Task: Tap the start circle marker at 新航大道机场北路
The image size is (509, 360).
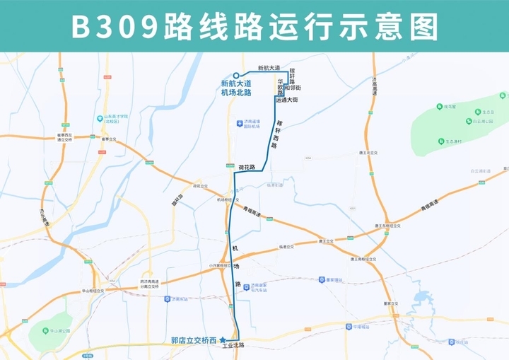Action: pos(236,76)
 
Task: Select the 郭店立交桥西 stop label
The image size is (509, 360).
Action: pos(194,340)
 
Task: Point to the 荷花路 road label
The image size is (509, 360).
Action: pos(246,167)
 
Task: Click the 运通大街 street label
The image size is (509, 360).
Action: pos(287,100)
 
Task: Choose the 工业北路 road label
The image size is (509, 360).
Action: pos(233,346)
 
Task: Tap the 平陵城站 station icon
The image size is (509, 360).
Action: pos(347,326)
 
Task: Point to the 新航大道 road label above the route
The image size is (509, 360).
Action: pos(269,68)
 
